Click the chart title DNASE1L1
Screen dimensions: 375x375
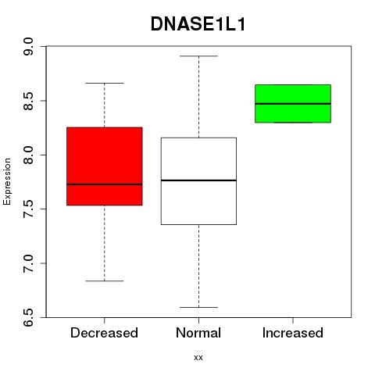(x=198, y=24)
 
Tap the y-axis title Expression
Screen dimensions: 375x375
(x=7, y=181)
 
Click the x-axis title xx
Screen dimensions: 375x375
(x=198, y=358)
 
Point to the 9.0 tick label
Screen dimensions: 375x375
(x=28, y=46)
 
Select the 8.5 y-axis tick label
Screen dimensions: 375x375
(x=28, y=101)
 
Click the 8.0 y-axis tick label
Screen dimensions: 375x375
(x=28, y=155)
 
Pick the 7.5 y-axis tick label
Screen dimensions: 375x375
(x=28, y=209)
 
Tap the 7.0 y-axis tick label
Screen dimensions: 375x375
(x=28, y=263)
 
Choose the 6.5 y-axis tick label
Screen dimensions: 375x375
(x=28, y=317)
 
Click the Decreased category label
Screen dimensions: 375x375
(x=104, y=333)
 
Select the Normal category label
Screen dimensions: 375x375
(x=198, y=333)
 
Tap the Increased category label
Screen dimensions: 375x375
(x=293, y=333)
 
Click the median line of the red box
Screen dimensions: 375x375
(x=105, y=184)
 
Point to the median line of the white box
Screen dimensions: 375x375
(x=198, y=180)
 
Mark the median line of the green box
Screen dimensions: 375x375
(x=293, y=104)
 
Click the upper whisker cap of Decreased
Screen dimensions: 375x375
(x=105, y=83)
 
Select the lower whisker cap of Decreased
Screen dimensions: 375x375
(x=105, y=281)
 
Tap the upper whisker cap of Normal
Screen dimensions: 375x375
(x=198, y=56)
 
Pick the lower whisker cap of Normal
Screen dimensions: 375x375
(x=198, y=308)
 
